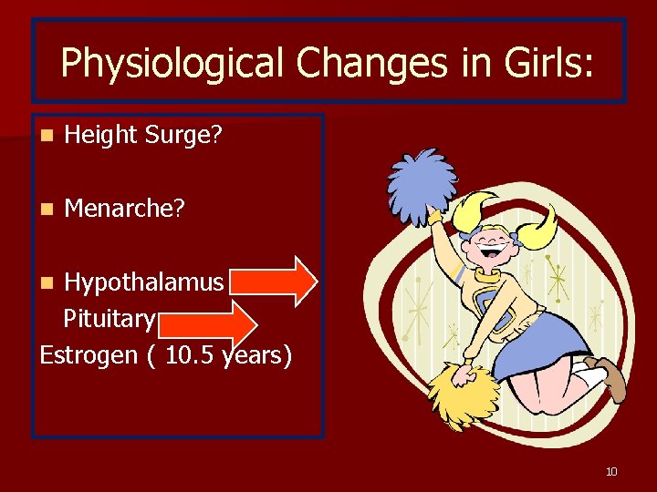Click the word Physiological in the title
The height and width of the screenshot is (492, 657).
[x=151, y=63]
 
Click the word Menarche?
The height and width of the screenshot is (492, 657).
[x=125, y=209]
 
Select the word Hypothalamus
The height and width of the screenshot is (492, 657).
[x=143, y=282]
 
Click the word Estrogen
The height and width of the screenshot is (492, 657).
[x=88, y=354]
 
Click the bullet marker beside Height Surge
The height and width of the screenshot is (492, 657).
[x=47, y=136]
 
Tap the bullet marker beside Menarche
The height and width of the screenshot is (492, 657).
[x=47, y=210]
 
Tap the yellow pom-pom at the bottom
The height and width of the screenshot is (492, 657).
[x=462, y=393]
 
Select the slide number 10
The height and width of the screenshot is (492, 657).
[x=611, y=471]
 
